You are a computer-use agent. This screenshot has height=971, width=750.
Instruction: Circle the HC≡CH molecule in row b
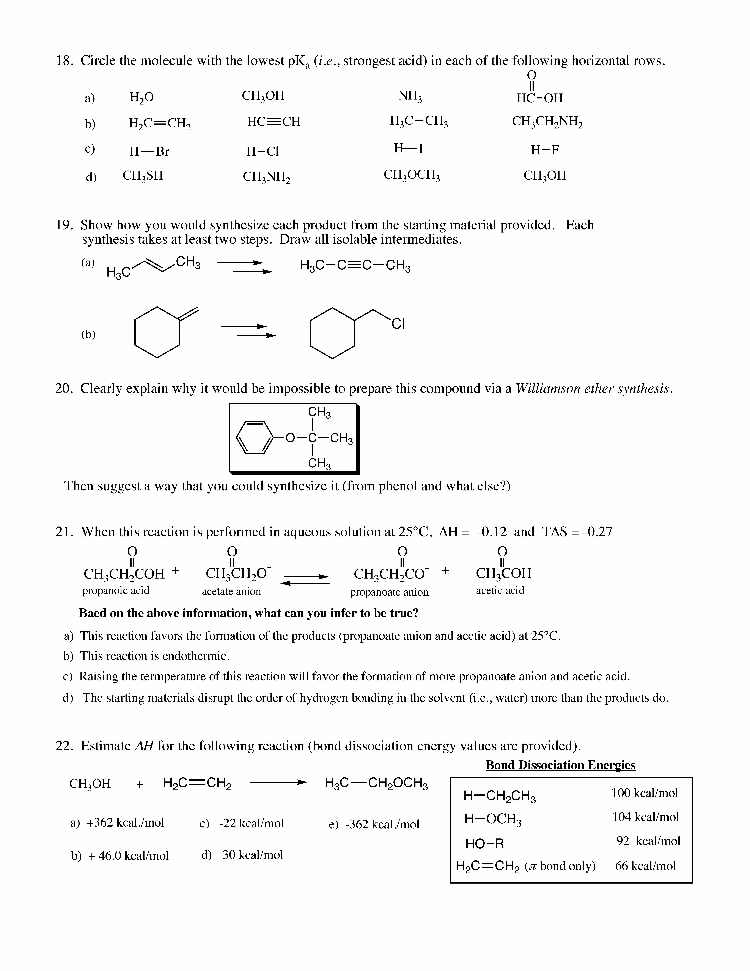point(274,121)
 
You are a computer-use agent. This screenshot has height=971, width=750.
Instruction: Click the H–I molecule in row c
point(408,149)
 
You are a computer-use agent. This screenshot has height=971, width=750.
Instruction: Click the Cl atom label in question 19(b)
point(398,324)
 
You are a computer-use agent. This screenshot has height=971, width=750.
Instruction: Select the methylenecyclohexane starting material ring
point(157,332)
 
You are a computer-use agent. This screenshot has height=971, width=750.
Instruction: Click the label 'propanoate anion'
point(389,592)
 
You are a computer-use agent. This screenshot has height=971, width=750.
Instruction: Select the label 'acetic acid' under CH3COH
point(500,590)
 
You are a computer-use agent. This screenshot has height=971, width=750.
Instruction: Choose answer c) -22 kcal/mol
point(242,823)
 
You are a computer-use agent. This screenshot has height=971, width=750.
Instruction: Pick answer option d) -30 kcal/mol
point(242,854)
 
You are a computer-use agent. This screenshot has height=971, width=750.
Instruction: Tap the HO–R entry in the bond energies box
point(484,843)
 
